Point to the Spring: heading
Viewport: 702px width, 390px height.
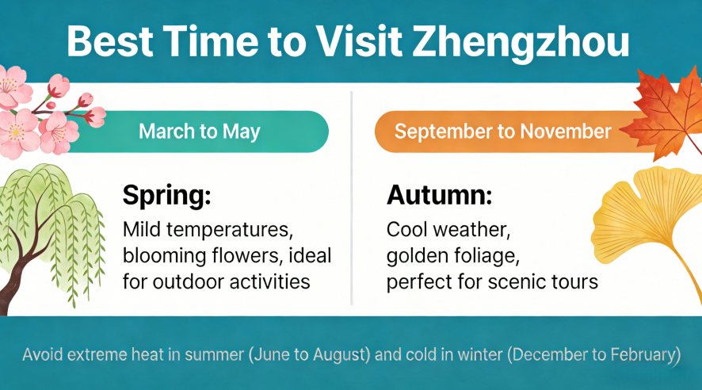166,196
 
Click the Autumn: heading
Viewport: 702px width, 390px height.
439,196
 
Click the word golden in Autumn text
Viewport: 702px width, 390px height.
417,257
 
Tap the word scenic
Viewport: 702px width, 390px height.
515,281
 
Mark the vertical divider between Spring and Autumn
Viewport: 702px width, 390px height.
351,198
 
